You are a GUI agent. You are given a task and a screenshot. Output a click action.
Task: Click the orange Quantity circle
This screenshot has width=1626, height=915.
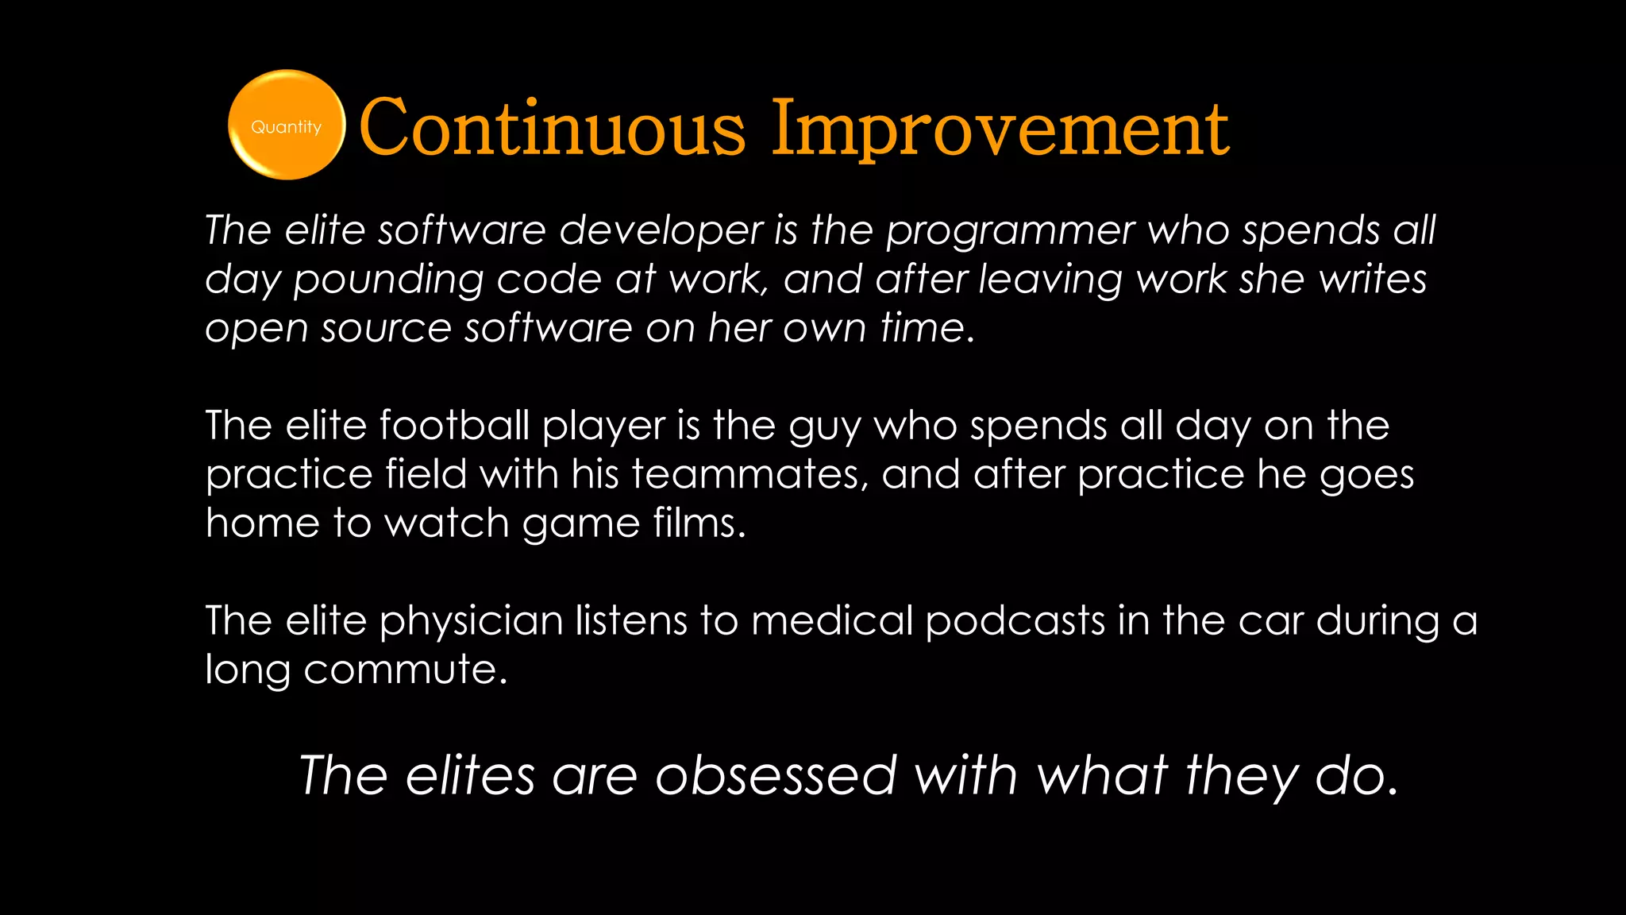point(286,125)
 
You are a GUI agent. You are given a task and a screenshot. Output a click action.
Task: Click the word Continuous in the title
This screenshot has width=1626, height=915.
point(552,129)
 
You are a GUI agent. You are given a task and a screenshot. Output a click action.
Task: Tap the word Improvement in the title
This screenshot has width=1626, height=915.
point(1000,129)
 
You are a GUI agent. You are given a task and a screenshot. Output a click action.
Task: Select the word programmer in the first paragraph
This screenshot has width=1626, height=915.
point(1011,231)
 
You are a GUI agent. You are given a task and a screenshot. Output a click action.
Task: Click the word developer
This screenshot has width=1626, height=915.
point(661,231)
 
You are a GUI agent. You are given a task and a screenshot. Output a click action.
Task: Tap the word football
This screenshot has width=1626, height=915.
point(454,426)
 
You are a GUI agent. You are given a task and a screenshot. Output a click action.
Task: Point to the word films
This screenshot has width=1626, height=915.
point(699,523)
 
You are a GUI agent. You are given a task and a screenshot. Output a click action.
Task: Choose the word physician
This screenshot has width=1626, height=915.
point(472,621)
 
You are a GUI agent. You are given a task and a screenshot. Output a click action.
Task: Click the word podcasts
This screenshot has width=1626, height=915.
point(1015,621)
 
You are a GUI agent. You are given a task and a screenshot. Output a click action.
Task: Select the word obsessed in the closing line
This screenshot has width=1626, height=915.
point(776,776)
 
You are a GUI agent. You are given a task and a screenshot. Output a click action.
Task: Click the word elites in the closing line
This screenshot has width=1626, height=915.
point(470,776)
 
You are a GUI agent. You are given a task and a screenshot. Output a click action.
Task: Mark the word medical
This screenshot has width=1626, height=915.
point(832,621)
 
